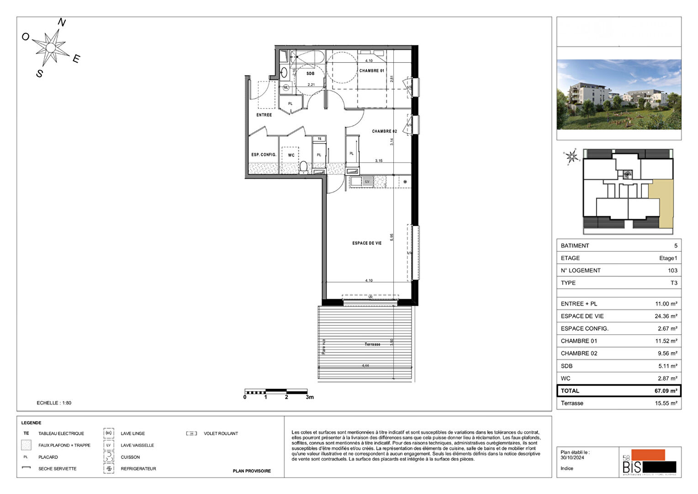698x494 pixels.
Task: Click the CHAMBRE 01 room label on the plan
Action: coord(371,71)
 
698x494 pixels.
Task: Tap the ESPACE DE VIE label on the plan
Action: coord(366,243)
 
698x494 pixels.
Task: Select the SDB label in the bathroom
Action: coord(310,74)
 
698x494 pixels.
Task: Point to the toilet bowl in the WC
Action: coord(303,167)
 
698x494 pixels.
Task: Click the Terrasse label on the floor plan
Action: coord(372,344)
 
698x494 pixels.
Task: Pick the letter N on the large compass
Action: coord(62,22)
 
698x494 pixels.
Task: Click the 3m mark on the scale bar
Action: coord(309,397)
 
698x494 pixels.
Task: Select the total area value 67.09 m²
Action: coord(666,391)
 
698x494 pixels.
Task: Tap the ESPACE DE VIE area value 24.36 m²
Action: coord(666,316)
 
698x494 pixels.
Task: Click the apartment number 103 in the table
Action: coord(672,270)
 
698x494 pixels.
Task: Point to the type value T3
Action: coord(673,283)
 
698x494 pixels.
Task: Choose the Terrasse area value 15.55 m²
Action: coord(666,403)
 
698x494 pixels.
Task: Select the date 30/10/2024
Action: coord(572,457)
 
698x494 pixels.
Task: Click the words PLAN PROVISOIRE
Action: coord(252,471)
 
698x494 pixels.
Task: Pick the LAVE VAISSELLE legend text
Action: coord(137,446)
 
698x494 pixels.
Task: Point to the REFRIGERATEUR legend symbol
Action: coord(109,469)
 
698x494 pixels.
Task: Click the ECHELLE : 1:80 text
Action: coord(54,403)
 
